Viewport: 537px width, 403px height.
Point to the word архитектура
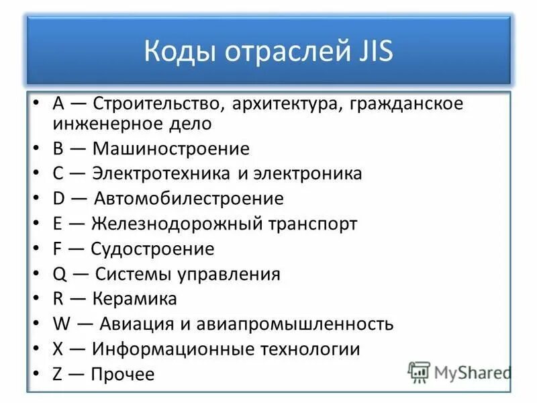pyautogui.click(x=285, y=105)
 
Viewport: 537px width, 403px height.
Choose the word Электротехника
pyautogui.click(x=162, y=174)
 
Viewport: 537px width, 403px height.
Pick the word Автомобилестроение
pyautogui.click(x=189, y=199)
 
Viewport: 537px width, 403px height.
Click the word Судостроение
pyautogui.click(x=152, y=249)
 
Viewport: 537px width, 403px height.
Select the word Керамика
pyautogui.click(x=135, y=299)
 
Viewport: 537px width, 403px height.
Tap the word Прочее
pyautogui.click(x=123, y=374)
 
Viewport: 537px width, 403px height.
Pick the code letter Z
pyautogui.click(x=57, y=374)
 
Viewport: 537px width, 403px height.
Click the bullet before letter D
pyautogui.click(x=38, y=199)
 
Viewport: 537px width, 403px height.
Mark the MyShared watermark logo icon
pyautogui.click(x=419, y=372)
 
